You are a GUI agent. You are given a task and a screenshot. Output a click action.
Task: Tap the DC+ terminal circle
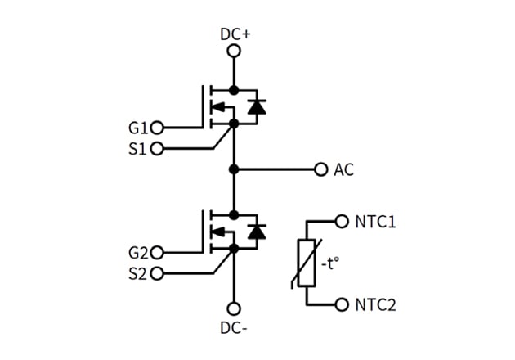[x=234, y=52]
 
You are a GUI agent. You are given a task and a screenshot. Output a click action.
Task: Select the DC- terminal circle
[x=234, y=308]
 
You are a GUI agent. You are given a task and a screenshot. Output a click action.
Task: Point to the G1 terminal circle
[x=158, y=128]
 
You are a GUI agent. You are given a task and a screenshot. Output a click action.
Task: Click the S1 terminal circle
[x=158, y=149]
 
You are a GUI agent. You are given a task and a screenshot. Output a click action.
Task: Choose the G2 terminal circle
[x=158, y=253]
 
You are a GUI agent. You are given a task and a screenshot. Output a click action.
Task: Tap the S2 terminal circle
[x=158, y=273]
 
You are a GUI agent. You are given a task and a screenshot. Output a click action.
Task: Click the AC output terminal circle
[x=320, y=169]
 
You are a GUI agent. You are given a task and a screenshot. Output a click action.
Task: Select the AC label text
[x=343, y=170]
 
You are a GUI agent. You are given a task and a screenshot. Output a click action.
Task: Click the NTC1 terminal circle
[x=343, y=222]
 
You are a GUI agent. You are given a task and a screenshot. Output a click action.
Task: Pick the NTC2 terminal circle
[x=343, y=304]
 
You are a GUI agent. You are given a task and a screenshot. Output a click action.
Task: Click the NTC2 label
[x=376, y=305]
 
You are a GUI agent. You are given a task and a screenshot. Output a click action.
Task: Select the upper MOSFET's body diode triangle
[x=257, y=107]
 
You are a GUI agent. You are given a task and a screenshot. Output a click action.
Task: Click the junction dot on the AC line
[x=234, y=169]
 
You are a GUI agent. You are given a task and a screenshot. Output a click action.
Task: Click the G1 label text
[x=138, y=128]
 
